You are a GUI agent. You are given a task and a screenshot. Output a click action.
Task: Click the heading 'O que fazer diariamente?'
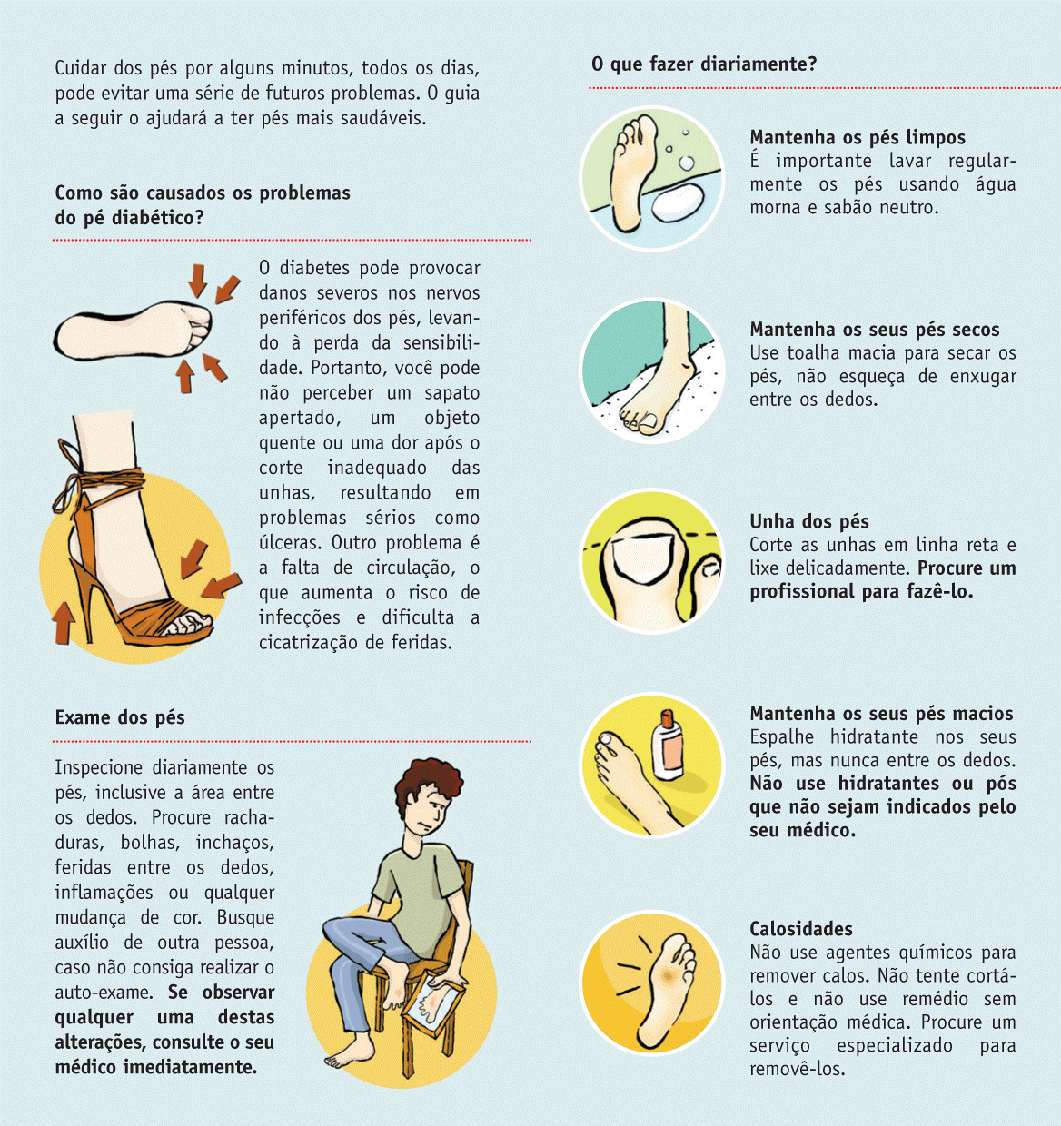[704, 64]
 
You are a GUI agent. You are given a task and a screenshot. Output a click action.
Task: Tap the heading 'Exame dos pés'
[120, 717]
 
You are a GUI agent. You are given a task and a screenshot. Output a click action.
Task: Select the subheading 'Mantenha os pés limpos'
[858, 137]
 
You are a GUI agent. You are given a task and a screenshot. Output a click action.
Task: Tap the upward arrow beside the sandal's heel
[64, 623]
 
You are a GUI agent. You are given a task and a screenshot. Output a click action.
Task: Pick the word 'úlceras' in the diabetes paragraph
[290, 543]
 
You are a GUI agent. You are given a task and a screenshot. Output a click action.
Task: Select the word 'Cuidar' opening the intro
[81, 68]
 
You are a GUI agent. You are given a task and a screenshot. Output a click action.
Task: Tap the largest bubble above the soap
[687, 163]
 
